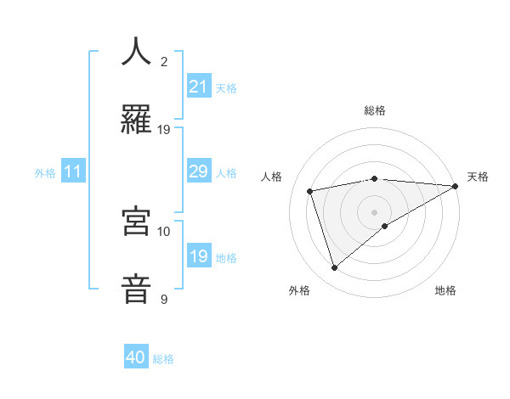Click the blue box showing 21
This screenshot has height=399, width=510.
coord(198,86)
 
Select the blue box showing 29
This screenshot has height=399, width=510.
coord(198,171)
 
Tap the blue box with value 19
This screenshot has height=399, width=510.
coord(198,256)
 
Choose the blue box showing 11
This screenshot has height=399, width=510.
coord(73,171)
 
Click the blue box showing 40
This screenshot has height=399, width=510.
coord(136,357)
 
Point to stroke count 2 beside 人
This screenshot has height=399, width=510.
coord(164,61)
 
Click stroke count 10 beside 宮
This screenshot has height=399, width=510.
coord(164,231)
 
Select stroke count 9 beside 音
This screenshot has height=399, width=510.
coord(164,299)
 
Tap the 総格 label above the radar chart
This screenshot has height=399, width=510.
coord(375,110)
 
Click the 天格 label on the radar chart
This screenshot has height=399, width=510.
coord(478,177)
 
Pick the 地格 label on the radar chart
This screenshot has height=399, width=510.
coord(445,290)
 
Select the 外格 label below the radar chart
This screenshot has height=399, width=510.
coord(299,290)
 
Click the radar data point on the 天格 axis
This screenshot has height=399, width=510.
coord(456,186)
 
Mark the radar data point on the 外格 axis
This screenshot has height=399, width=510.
coord(334,268)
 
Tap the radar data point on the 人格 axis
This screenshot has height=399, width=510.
coord(310,190)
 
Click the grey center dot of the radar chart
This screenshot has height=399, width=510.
coord(375,211)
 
